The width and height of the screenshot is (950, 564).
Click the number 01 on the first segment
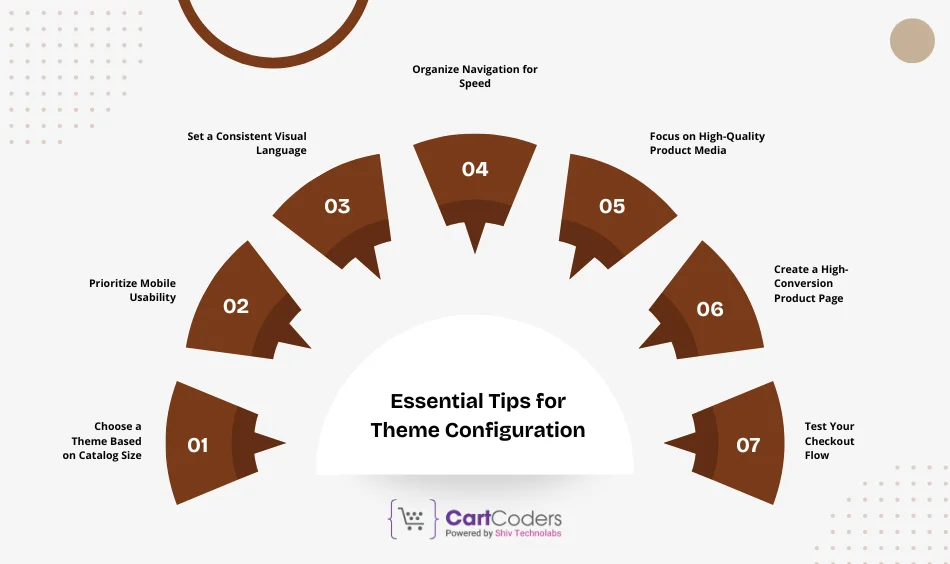click(198, 445)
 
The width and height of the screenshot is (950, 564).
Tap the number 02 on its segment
click(236, 307)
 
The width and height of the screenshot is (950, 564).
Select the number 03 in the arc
click(337, 206)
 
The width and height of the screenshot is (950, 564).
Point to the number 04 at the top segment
click(475, 169)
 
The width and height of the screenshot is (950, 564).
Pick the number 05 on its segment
click(612, 206)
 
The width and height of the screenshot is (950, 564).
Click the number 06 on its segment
click(710, 309)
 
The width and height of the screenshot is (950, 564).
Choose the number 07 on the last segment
click(748, 445)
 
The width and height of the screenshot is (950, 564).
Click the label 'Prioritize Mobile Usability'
click(132, 290)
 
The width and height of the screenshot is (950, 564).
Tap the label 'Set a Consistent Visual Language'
click(246, 143)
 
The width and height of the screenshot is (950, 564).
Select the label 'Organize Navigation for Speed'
click(475, 76)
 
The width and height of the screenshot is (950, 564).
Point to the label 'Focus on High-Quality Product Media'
click(707, 143)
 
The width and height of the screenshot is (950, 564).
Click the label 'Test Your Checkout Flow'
click(829, 441)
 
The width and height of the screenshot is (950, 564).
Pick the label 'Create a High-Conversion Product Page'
click(809, 284)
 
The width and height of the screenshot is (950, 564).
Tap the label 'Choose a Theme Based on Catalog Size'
click(107, 441)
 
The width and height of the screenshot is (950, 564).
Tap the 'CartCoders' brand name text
click(503, 518)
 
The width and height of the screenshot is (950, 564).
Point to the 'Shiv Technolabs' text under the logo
click(529, 534)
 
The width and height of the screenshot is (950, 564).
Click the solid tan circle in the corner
click(912, 41)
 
